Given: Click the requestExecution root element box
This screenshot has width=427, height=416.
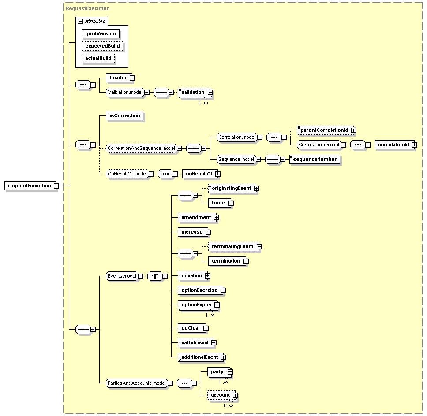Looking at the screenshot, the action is (30, 186).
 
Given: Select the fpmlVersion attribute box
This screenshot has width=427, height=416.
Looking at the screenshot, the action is (101, 34).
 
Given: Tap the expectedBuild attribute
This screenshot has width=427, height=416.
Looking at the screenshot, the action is (102, 46).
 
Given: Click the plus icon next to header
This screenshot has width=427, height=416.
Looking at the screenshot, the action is (132, 78).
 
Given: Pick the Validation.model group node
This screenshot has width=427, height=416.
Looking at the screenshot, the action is (125, 92).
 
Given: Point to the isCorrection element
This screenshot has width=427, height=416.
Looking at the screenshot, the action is (124, 115).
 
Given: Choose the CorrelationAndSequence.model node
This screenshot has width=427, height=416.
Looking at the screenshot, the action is (141, 148).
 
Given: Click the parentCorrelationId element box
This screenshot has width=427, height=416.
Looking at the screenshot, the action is (325, 130).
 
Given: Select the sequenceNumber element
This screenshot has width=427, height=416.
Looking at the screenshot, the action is (315, 159).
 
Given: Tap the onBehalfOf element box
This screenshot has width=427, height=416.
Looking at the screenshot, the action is (200, 174).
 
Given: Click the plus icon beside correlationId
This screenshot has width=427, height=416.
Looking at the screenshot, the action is (415, 145).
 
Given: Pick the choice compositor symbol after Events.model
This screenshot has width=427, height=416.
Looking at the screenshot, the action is (155, 276).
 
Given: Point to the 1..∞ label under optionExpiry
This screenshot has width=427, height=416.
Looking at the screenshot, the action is (210, 315).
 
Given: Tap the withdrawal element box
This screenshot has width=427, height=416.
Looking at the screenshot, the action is (195, 342).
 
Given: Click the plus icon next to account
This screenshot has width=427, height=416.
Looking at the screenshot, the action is (235, 395).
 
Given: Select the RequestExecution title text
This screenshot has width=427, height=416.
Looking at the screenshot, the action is (88, 8).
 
